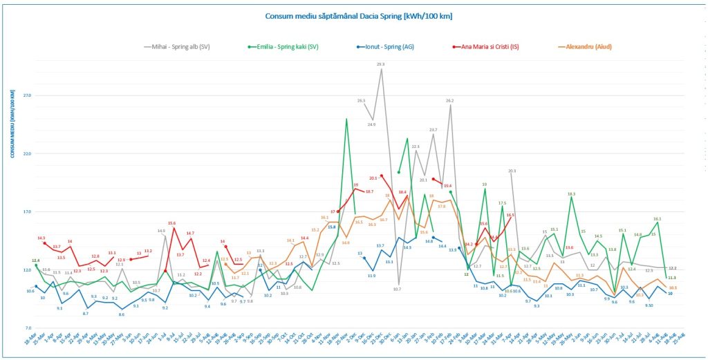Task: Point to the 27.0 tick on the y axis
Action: coord(27,95)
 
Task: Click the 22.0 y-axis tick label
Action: coord(27,153)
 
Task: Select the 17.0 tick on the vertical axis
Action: coord(27,212)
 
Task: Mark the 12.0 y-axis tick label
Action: coord(27,270)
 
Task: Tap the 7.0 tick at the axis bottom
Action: coord(28,328)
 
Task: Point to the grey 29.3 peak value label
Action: coord(381,64)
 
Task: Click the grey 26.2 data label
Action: coord(449,101)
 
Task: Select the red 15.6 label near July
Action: coord(171,223)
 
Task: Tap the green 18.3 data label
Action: coord(572,194)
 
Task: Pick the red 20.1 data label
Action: coord(373,178)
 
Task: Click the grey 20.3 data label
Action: coord(512,171)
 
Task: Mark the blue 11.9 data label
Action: coord(371,276)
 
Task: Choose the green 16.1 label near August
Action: coord(658,218)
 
